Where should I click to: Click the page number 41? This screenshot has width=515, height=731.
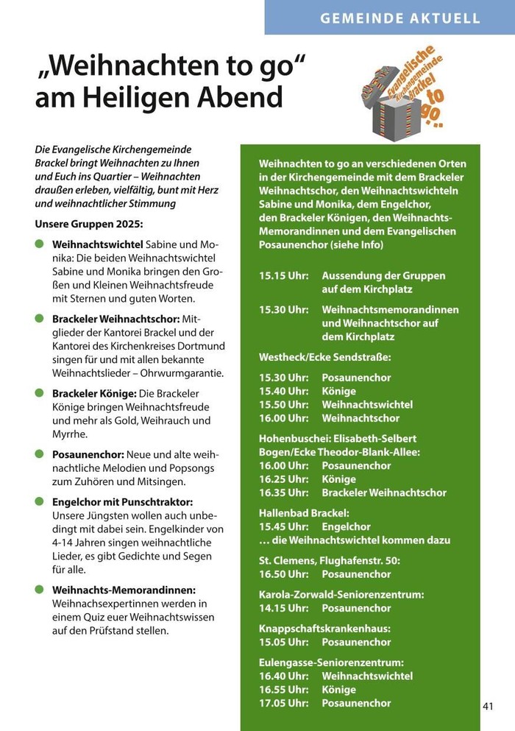coord(488,706)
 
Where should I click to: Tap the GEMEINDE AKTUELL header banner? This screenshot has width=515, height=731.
coord(399,18)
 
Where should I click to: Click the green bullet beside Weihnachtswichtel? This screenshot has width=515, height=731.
coord(39,243)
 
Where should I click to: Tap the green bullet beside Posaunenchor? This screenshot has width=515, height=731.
coord(39,453)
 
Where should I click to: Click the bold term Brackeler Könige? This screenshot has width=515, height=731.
coord(95,393)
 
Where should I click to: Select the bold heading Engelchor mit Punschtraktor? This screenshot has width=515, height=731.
coord(123,502)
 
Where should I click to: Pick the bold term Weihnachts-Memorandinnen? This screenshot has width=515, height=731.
coord(124,590)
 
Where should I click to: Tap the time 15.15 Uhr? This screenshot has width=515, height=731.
coord(283,275)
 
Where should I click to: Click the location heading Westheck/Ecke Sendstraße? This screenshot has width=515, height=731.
coord(325,357)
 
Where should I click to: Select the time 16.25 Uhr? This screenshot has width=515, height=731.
coord(283,479)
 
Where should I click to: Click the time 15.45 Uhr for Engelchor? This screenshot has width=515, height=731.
coord(283,527)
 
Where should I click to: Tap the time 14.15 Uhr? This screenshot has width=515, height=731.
coord(283,608)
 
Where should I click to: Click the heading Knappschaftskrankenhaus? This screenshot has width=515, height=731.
coord(324,629)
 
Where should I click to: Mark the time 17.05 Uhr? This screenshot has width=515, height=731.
coord(283,704)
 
